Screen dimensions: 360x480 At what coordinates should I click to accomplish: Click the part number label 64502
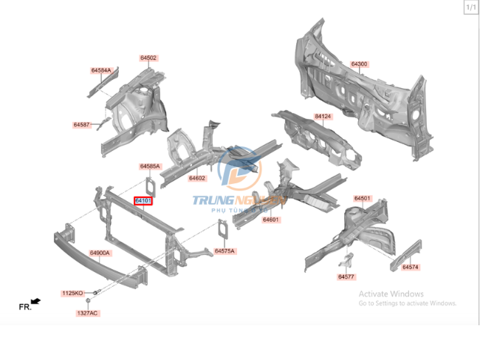[148, 58]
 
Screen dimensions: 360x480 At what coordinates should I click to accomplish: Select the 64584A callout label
[101, 71]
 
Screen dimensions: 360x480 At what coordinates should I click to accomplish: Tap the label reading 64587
[81, 125]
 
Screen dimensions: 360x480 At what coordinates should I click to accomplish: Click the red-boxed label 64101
[143, 200]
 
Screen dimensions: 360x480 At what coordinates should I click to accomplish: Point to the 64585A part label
[150, 166]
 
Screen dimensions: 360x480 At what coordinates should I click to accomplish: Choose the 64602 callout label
[196, 178]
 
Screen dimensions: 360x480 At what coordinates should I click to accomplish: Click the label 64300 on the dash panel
[360, 64]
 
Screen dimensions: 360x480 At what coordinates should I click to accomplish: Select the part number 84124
[323, 117]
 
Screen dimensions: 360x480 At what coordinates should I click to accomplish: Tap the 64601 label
[270, 220]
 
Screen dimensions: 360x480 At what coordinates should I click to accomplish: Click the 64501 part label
[362, 198]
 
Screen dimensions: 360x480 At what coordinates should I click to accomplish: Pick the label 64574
[411, 267]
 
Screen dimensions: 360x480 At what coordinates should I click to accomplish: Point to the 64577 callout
[346, 276]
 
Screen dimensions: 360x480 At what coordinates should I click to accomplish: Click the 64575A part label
[224, 251]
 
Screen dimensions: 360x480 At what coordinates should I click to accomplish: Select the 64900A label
[100, 253]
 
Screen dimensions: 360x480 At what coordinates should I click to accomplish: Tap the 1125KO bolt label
[72, 293]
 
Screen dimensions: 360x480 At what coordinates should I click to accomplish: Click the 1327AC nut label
[87, 313]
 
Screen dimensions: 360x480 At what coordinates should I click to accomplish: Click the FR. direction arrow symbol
[35, 301]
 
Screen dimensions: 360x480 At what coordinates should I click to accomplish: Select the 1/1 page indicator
[470, 7]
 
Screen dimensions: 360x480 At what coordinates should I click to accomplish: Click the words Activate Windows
[391, 293]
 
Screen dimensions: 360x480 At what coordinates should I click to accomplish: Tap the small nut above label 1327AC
[88, 301]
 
